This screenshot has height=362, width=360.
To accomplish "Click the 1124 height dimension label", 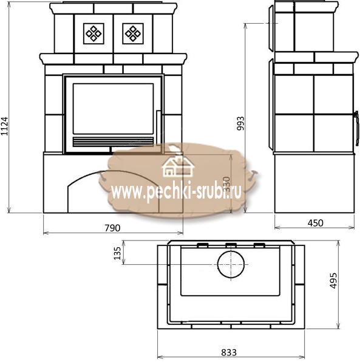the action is pos(4,126).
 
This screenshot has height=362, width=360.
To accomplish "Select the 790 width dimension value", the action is pos(112,228).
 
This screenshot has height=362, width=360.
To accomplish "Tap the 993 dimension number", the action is pos(240,123).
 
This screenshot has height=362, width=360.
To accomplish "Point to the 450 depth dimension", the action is pos(315,223).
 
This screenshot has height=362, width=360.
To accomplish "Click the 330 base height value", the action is pos(227,184).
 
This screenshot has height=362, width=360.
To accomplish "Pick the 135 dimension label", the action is pos(117,253).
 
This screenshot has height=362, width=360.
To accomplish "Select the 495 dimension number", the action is pos(333,281).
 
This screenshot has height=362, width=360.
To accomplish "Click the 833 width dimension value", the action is pos(229,352).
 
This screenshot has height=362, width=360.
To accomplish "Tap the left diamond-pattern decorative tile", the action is pos(93,33).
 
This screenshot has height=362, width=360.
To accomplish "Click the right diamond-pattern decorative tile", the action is pos(133,33).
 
